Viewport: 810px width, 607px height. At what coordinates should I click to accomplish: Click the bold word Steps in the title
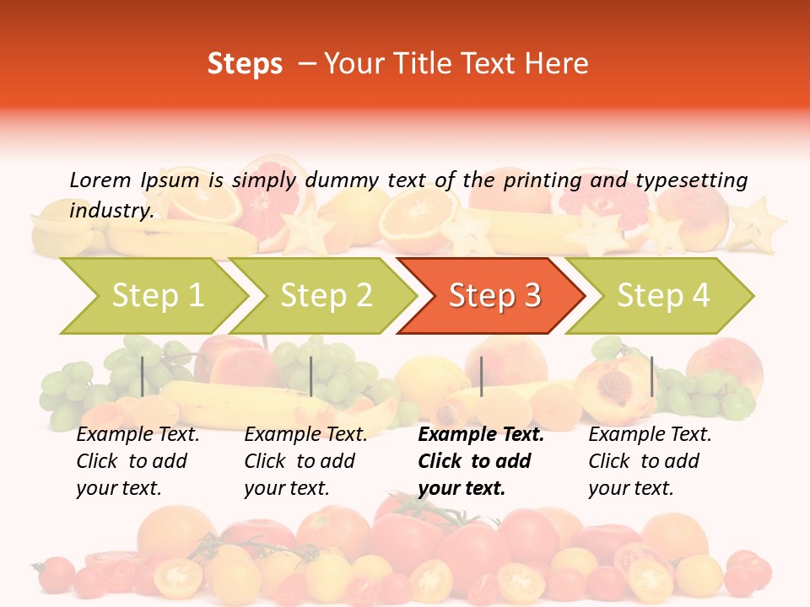point(245,64)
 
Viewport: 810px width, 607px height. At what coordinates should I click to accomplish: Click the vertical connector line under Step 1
point(142,376)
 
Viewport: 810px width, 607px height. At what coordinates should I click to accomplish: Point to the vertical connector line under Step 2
point(311,376)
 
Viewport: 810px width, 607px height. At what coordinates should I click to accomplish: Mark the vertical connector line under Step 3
point(481,376)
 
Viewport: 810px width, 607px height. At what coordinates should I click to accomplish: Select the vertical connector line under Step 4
point(651,376)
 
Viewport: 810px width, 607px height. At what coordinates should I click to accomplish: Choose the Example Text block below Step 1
point(138,461)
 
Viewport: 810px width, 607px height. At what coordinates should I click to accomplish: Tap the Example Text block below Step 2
point(305,461)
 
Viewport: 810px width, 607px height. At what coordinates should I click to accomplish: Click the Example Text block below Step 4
point(650,461)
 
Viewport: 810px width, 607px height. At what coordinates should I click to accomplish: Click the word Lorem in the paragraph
point(100,180)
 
